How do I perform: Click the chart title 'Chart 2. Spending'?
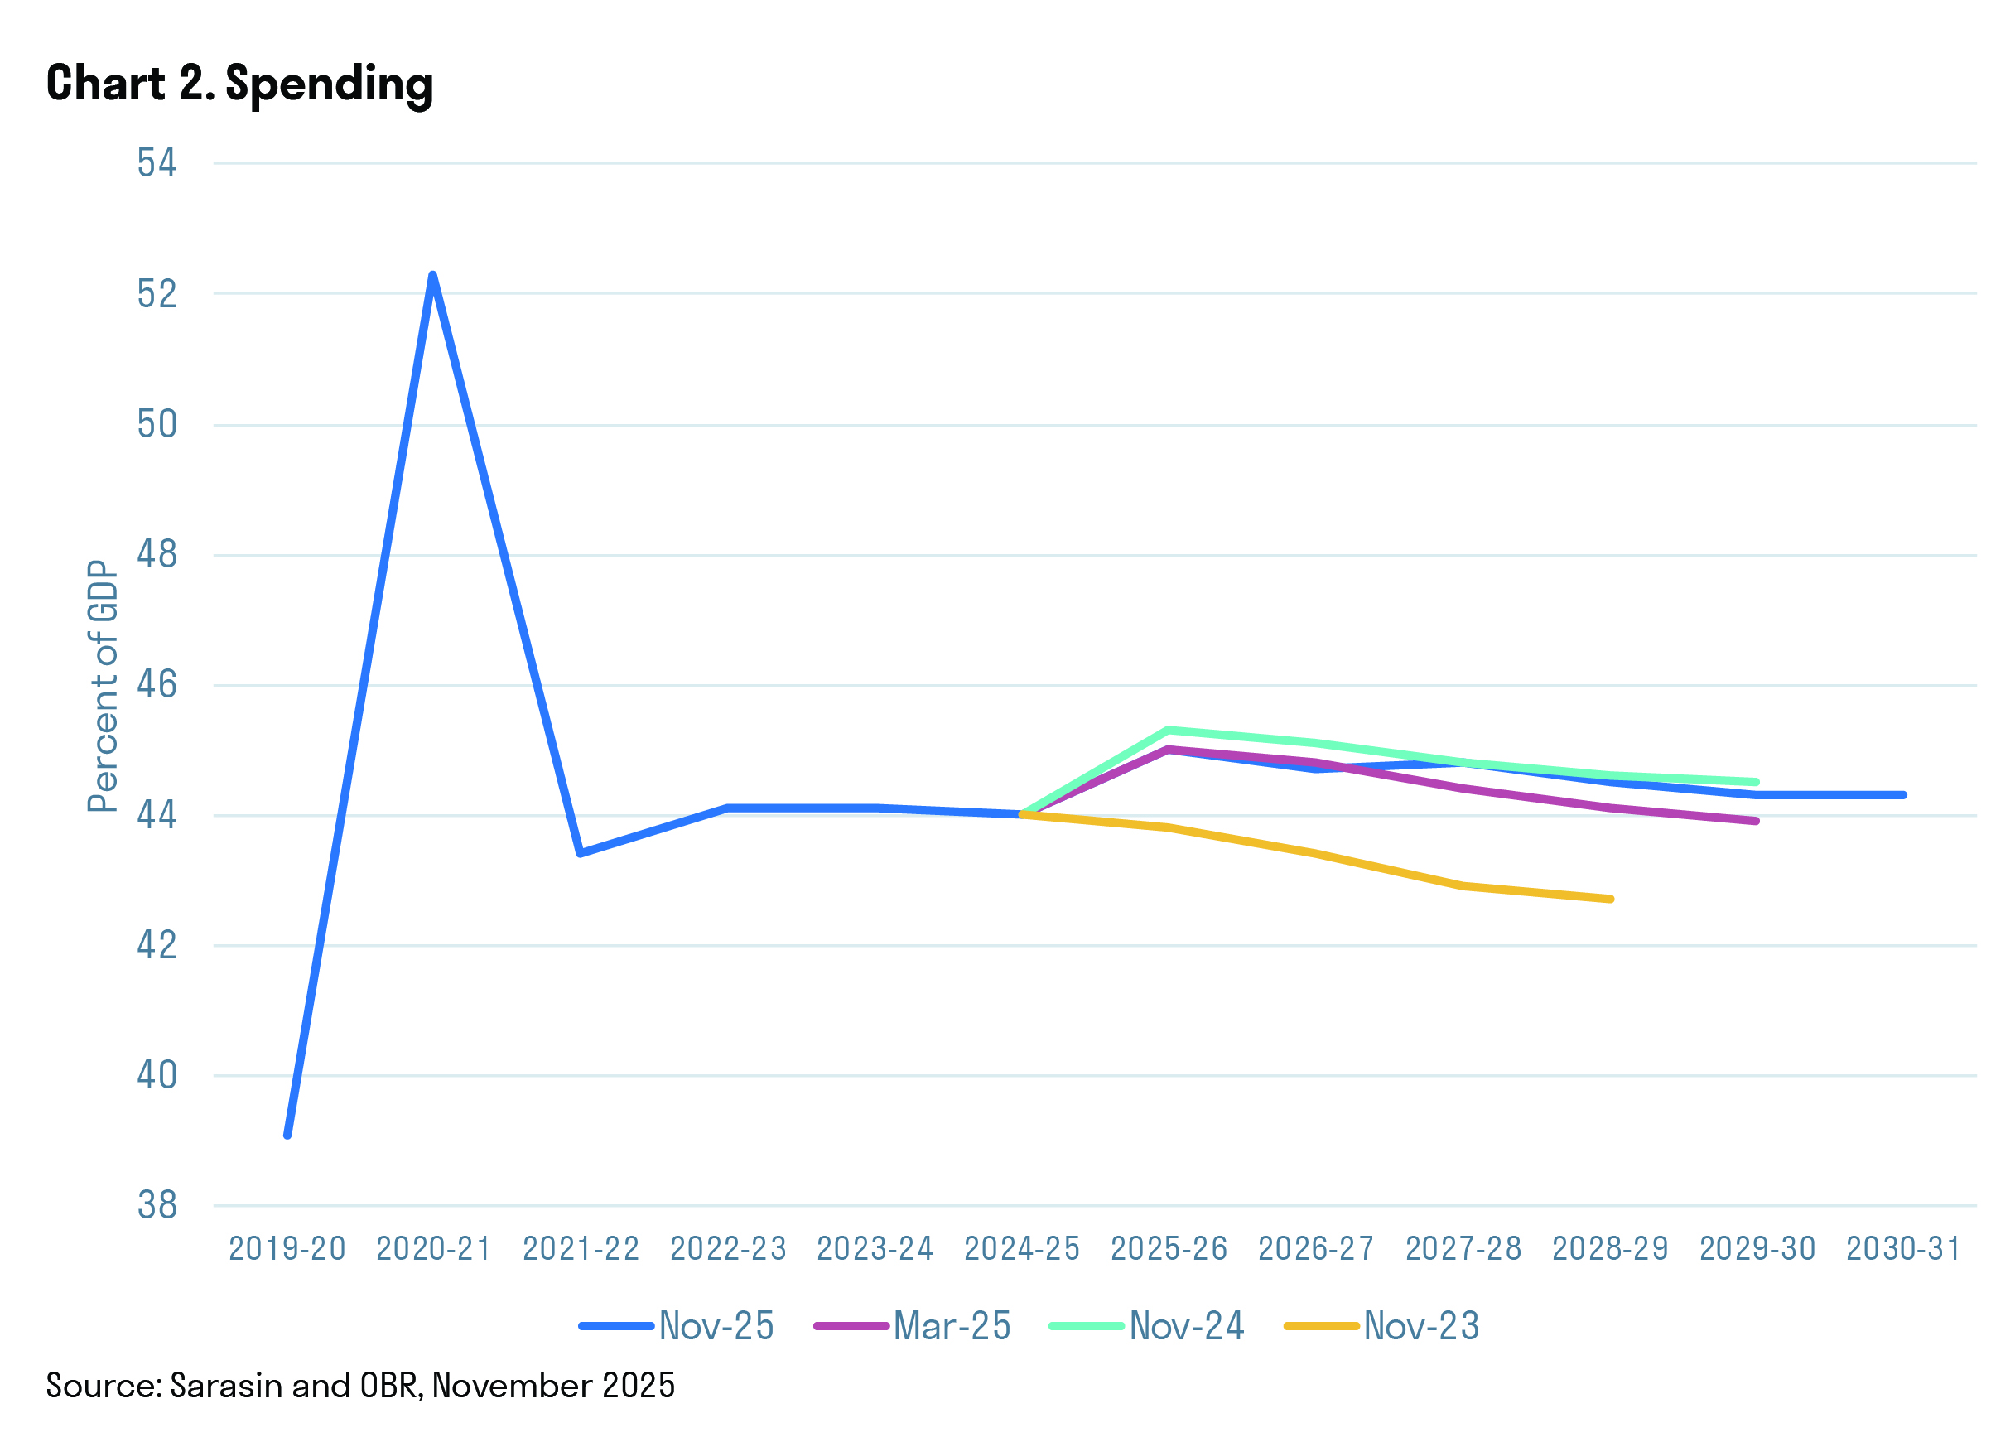coord(240,84)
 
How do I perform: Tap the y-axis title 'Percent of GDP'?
coord(103,686)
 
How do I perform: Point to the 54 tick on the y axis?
coord(157,163)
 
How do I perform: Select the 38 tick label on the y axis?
coord(157,1205)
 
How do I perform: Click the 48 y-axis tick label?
coord(157,554)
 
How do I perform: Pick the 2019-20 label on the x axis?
coord(287,1249)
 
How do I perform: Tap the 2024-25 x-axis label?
coord(1022,1249)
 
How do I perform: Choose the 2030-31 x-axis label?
coord(1903,1249)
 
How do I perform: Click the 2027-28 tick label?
coord(1463,1249)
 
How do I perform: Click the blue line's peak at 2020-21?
coord(432,275)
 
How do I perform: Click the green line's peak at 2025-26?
coord(1168,731)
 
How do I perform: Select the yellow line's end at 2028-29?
coord(1610,899)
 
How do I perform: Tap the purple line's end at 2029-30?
coord(1757,821)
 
